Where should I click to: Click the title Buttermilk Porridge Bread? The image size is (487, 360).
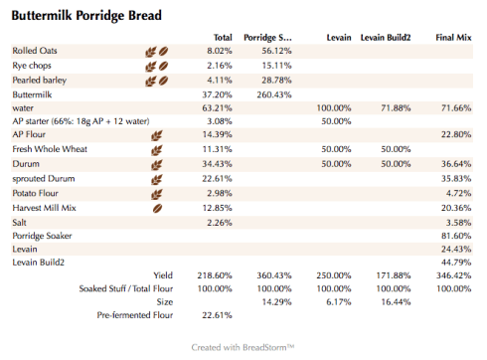pos(86,17)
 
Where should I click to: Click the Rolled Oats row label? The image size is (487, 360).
pos(38,50)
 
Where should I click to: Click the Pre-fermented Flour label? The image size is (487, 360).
pos(135,315)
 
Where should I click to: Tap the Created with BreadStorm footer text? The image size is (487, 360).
pos(243,347)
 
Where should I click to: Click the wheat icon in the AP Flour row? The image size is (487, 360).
pos(155,133)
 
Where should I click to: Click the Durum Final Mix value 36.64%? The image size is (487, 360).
pos(453,162)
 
